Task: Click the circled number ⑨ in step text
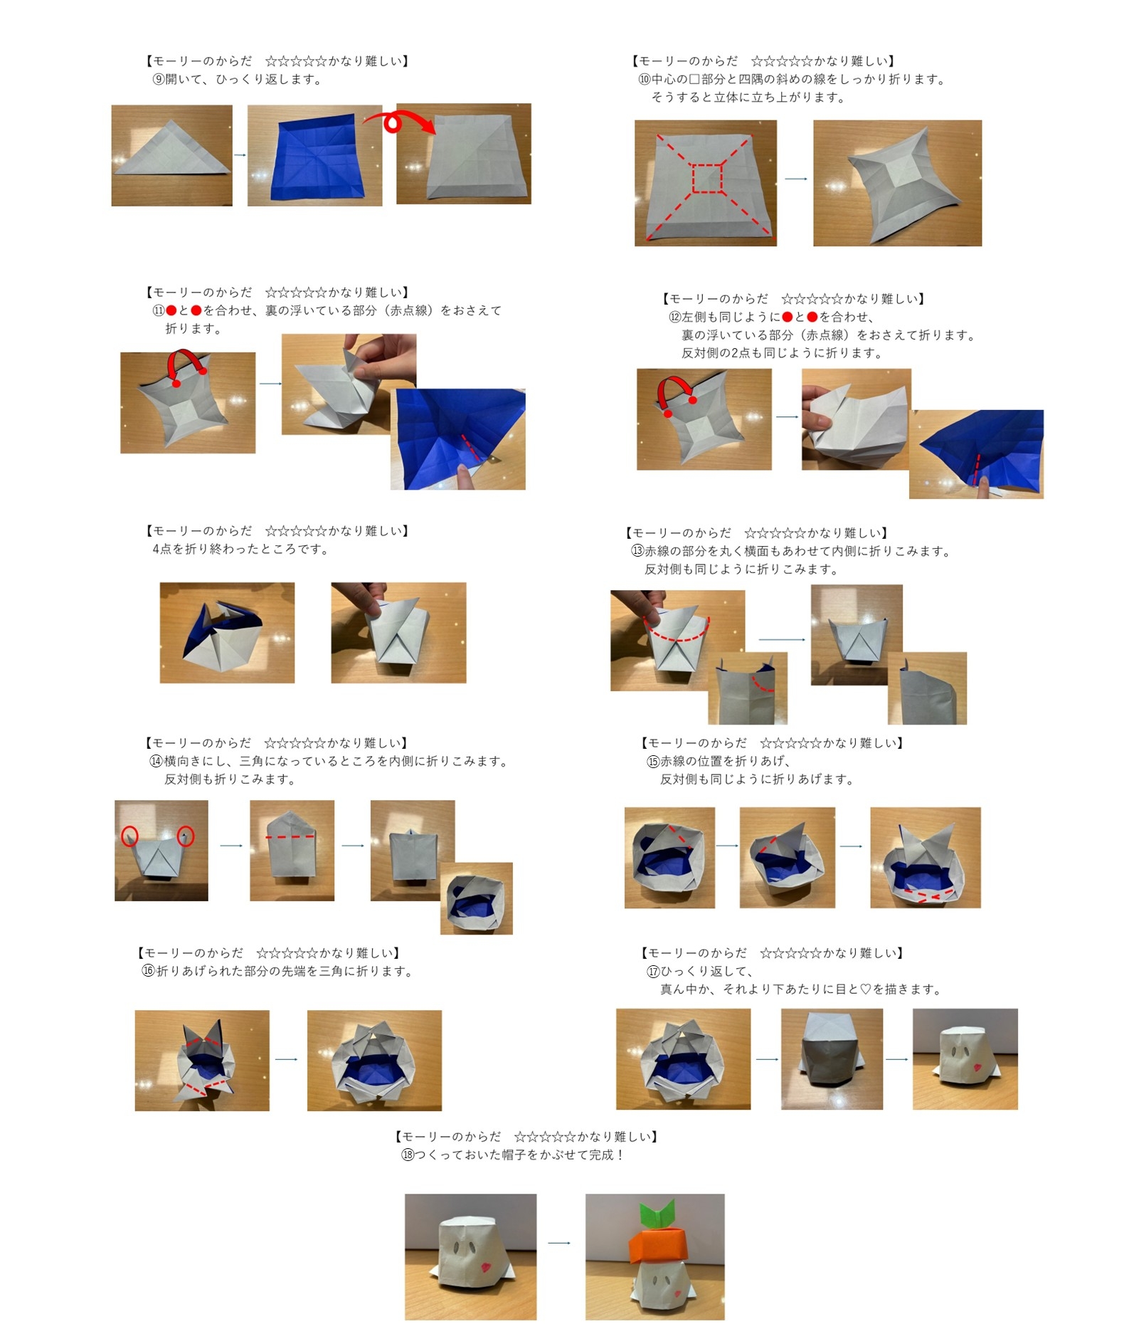(x=159, y=80)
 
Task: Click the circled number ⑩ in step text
(x=644, y=80)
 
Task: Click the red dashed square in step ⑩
(x=706, y=178)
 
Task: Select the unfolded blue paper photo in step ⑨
(x=315, y=156)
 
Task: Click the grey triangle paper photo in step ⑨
(x=171, y=156)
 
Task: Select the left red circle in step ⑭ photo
(x=129, y=836)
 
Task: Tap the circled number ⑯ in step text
(x=148, y=971)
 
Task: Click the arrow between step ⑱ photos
(x=559, y=1243)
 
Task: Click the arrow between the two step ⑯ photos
(x=287, y=1059)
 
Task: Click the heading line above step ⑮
(x=772, y=742)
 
